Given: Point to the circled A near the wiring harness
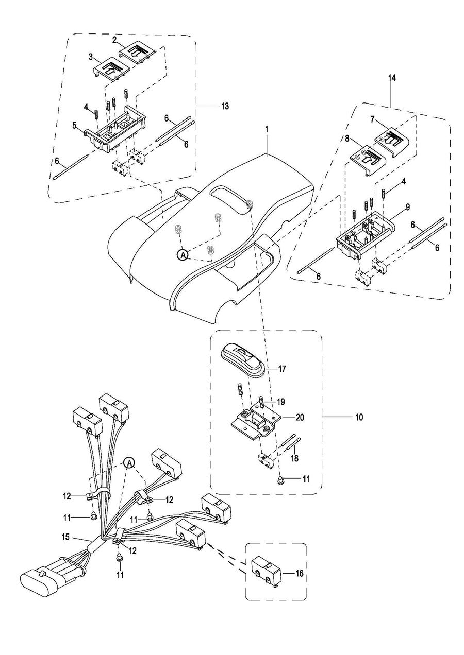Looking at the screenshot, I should (x=129, y=463).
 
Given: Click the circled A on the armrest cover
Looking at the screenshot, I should (x=183, y=254).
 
